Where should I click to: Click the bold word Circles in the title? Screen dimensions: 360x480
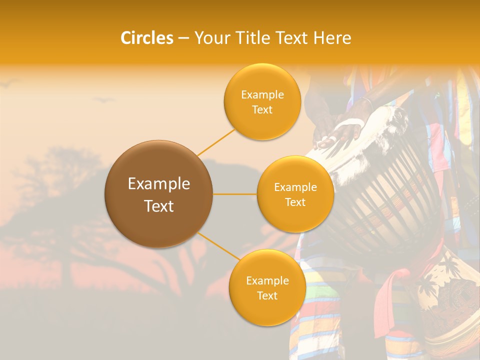point(147,38)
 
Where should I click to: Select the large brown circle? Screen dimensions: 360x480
point(158,194)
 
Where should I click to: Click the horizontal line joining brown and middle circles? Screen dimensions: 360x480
point(234,194)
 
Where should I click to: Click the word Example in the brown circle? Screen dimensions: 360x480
point(158,184)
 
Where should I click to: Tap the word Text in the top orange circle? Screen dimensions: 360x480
point(262,110)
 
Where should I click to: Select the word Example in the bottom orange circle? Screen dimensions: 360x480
point(267,280)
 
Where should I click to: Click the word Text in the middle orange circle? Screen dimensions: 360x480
point(295,202)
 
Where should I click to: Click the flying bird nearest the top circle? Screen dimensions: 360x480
point(104,100)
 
